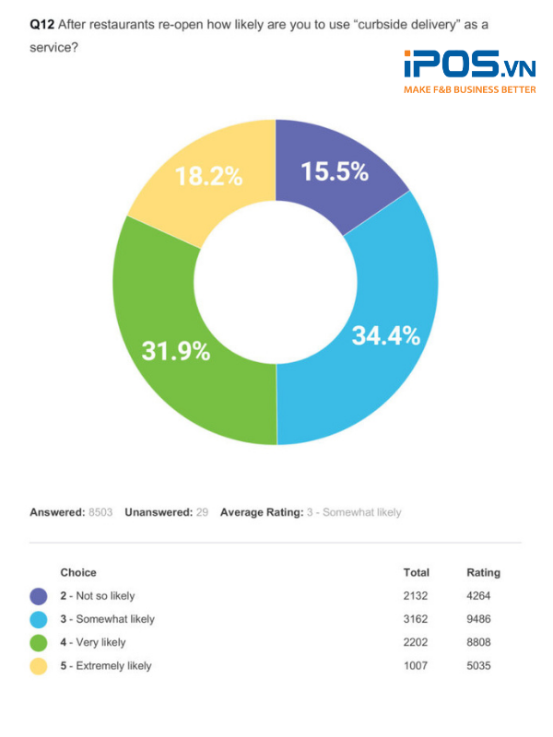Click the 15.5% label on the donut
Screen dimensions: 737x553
coord(334,171)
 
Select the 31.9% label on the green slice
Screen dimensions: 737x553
coord(176,350)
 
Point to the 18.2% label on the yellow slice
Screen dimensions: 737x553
coord(209,176)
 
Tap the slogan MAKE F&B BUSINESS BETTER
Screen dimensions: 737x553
coord(469,89)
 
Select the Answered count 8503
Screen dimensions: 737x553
coord(100,512)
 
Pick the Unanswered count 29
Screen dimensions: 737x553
coord(202,512)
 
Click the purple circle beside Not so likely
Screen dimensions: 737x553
coord(39,596)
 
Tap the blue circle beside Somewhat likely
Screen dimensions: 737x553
coord(39,619)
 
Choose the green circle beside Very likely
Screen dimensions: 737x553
coord(39,642)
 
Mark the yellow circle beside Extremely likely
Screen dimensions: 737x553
coord(39,665)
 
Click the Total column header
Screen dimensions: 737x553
coord(416,572)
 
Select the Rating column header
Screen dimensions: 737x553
coord(484,572)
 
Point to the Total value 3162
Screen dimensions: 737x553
coord(416,619)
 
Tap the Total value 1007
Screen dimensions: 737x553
coord(416,665)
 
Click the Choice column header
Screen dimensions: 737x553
coord(78,572)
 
